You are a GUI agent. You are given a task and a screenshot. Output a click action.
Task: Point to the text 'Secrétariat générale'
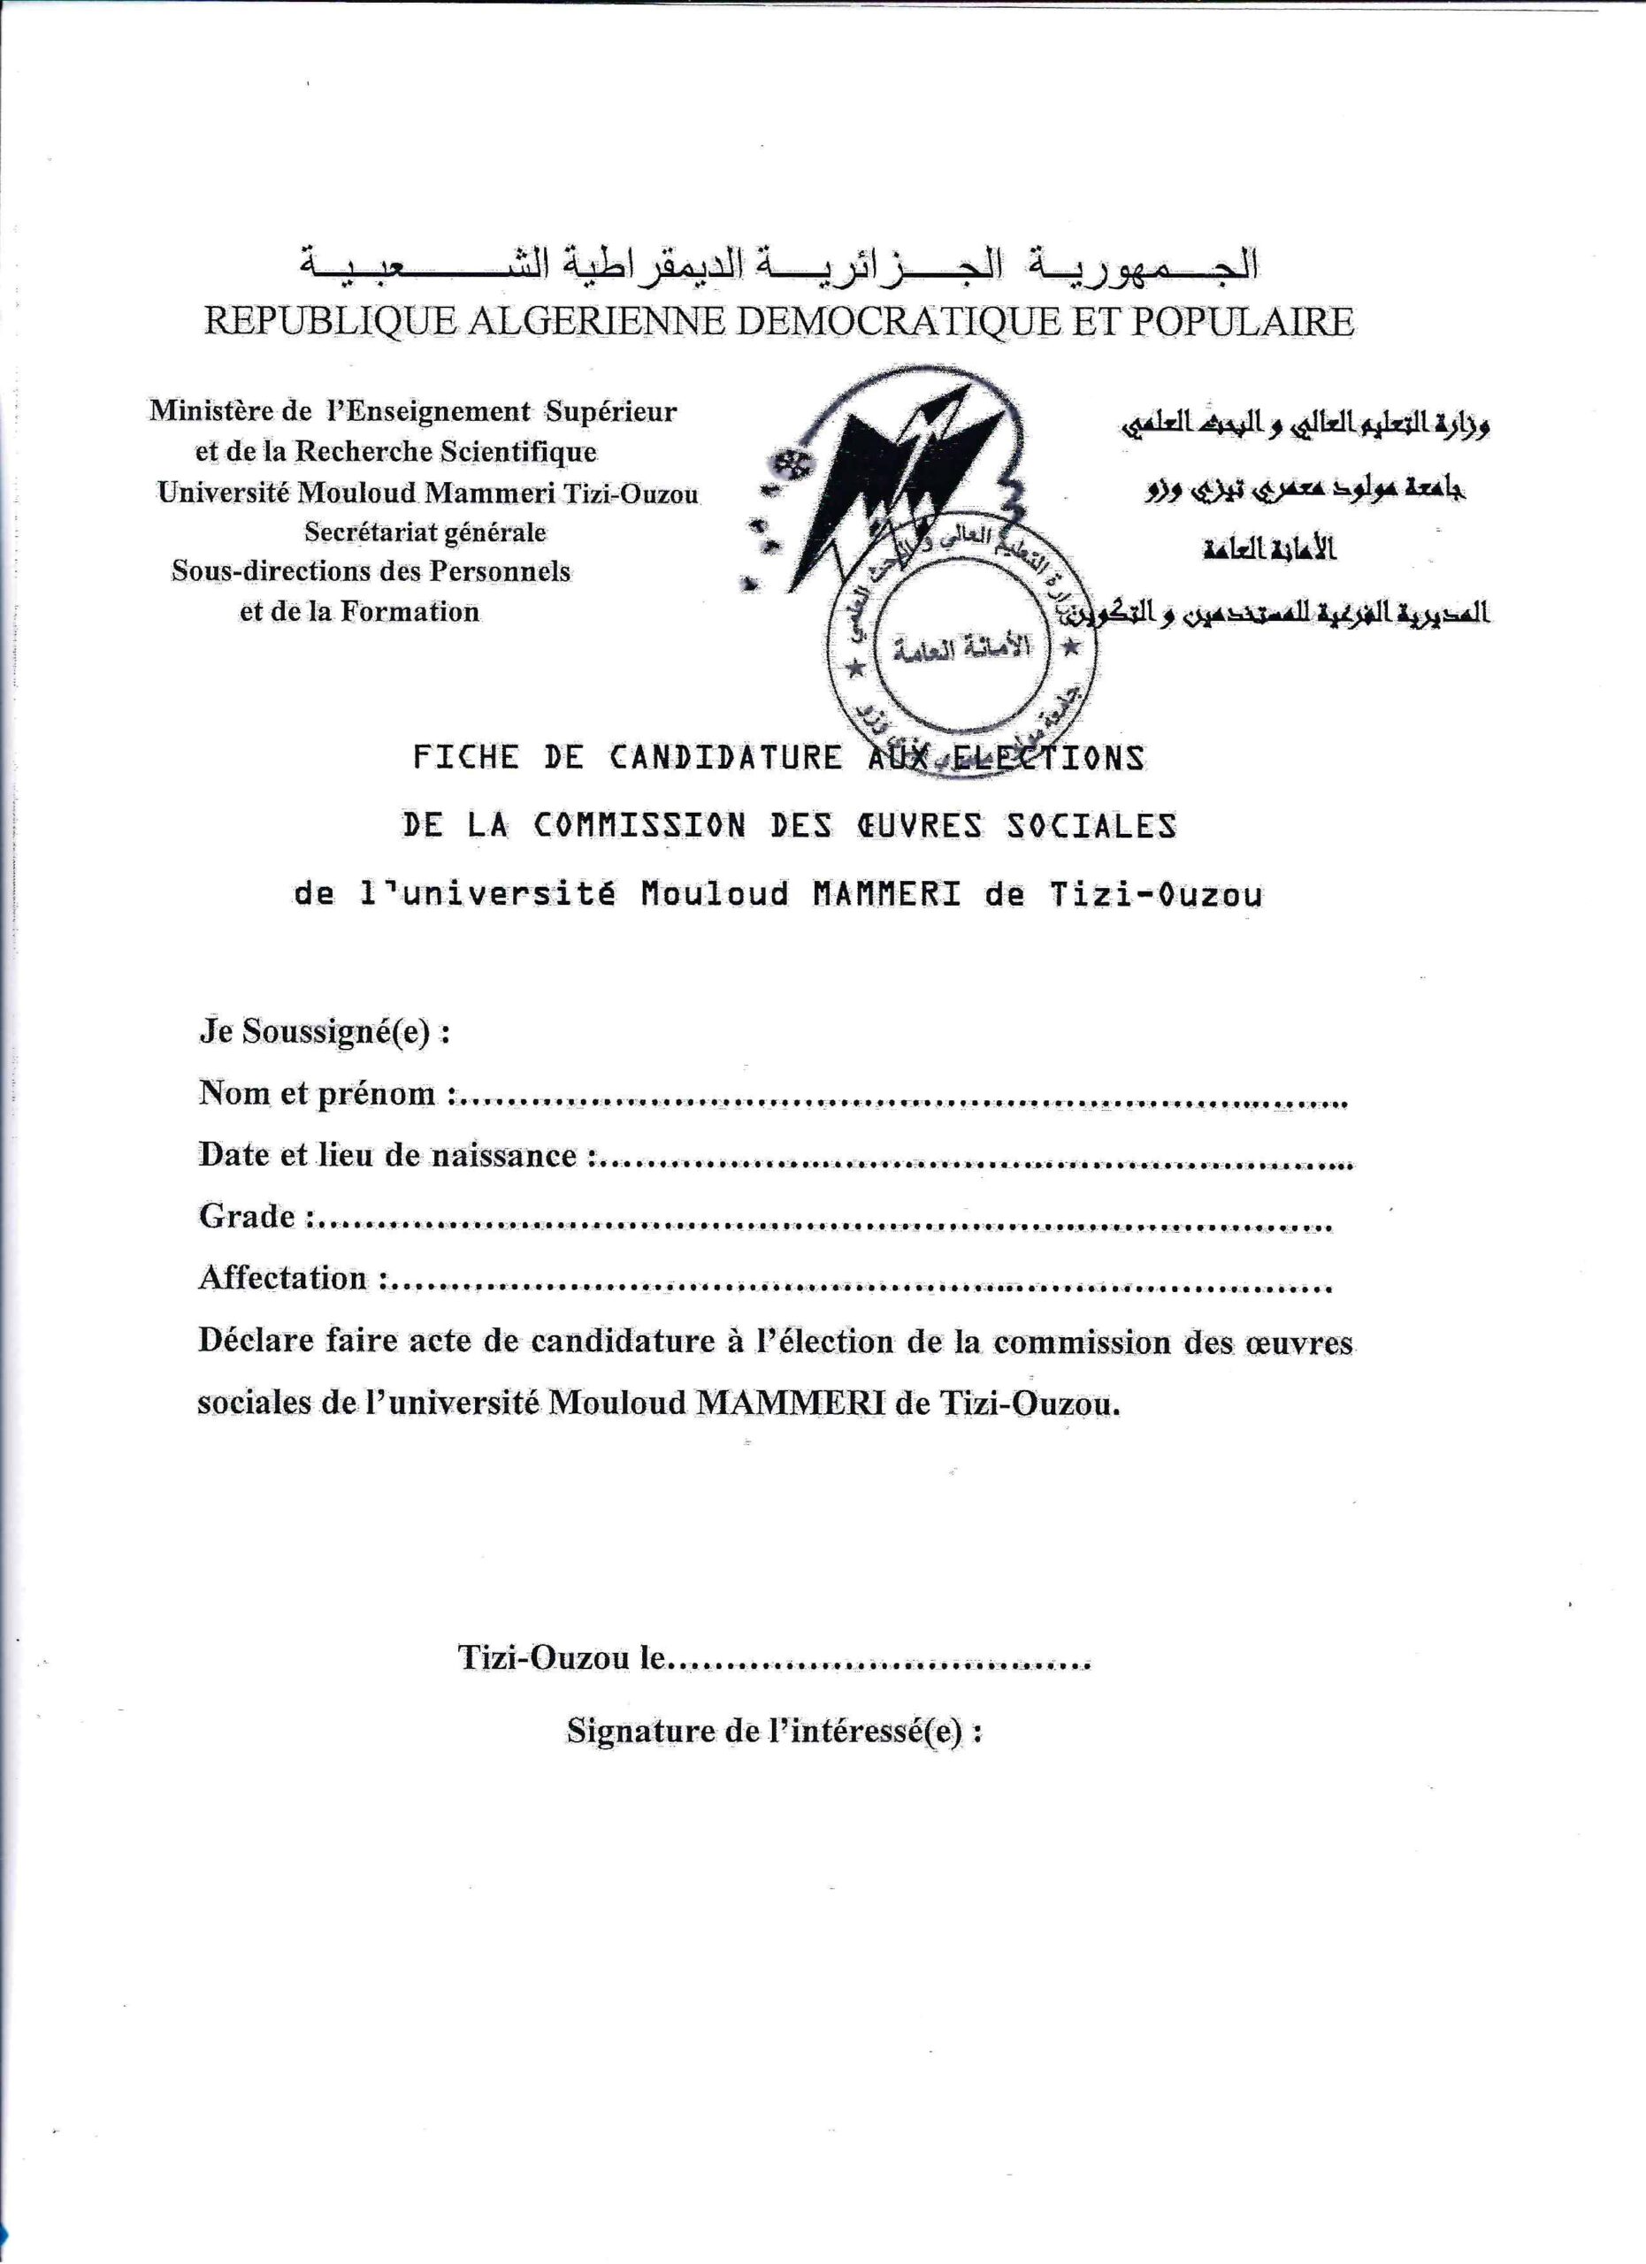pyautogui.click(x=425, y=532)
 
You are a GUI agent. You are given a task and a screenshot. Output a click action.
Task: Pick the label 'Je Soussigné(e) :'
pyautogui.click(x=325, y=1031)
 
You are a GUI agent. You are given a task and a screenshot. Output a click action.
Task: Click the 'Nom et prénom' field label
pyautogui.click(x=318, y=1093)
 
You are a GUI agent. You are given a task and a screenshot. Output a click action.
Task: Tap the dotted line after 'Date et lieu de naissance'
pyautogui.click(x=978, y=1162)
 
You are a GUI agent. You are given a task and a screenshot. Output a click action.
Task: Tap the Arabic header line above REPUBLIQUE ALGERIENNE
pyautogui.click(x=778, y=264)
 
